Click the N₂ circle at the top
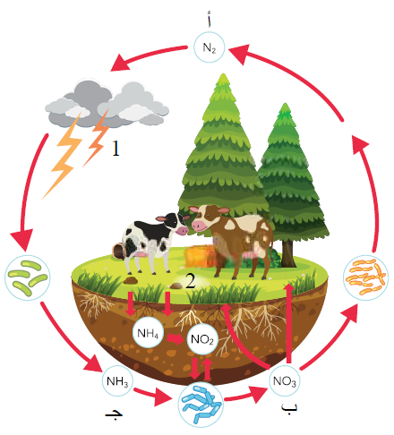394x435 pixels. point(209,47)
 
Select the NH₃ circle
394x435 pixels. point(117,380)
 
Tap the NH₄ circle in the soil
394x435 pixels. point(148,333)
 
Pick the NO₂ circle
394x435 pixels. point(202,339)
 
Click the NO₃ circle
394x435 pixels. point(285,380)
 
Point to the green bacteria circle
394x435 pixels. point(28,277)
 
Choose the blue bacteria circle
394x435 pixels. point(201,405)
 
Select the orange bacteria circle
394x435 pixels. point(366,277)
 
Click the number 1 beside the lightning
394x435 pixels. point(116,149)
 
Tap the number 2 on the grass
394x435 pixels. point(191,281)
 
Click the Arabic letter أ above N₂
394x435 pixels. point(210,19)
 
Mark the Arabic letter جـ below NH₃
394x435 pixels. point(114,414)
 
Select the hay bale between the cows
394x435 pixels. point(200,256)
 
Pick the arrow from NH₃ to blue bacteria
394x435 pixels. point(153,396)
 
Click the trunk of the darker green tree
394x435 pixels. point(287,253)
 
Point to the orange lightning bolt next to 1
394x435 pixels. point(98,138)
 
